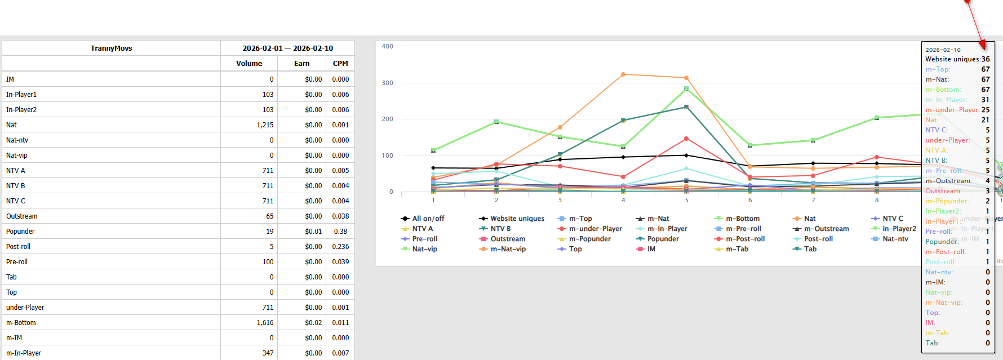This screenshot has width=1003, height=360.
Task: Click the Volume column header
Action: pyautogui.click(x=249, y=64)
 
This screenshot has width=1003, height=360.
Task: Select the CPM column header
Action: pyautogui.click(x=340, y=64)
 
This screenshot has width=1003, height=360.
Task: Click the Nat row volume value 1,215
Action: pyautogui.click(x=265, y=125)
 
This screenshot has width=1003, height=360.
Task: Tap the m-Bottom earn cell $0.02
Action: pyautogui.click(x=313, y=323)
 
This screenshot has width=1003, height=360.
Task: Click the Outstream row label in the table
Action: pyautogui.click(x=22, y=216)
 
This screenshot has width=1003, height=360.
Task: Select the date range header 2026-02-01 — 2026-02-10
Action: pyautogui.click(x=287, y=48)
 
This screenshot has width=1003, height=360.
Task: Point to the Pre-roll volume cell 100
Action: pyautogui.click(x=268, y=262)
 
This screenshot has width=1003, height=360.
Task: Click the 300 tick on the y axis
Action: pyautogui.click(x=387, y=83)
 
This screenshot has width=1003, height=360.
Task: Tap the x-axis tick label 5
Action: pyautogui.click(x=686, y=200)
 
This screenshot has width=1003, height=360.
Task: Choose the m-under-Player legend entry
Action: pyautogui.click(x=595, y=229)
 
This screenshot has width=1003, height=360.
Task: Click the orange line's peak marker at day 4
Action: pyautogui.click(x=623, y=74)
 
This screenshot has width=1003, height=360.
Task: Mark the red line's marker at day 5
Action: pyautogui.click(x=686, y=139)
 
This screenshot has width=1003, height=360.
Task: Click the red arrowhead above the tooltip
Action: pyautogui.click(x=982, y=44)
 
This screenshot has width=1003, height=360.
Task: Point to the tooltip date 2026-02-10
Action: pyautogui.click(x=943, y=50)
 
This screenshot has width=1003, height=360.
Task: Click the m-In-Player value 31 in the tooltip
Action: pyautogui.click(x=985, y=100)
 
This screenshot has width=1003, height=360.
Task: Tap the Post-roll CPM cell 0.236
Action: pyautogui.click(x=340, y=247)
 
